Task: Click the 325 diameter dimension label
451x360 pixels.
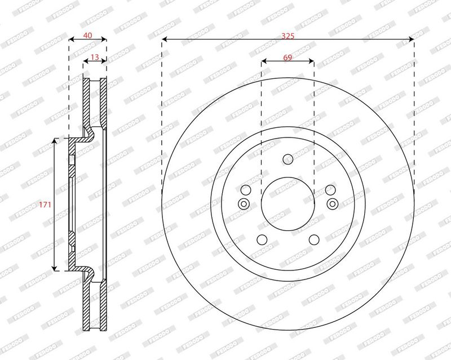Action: (x=288, y=36)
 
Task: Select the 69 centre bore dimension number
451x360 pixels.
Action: (x=288, y=57)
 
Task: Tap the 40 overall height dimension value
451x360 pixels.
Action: (x=87, y=35)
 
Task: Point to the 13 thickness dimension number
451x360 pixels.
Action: (x=95, y=57)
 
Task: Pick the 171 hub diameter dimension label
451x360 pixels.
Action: (x=45, y=205)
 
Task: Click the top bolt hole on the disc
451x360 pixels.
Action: (x=288, y=159)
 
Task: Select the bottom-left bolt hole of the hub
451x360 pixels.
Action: (x=262, y=239)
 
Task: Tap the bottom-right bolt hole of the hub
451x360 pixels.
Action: (x=314, y=239)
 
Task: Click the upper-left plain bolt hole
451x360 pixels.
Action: (x=246, y=190)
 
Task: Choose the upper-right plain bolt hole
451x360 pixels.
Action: (x=330, y=190)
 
